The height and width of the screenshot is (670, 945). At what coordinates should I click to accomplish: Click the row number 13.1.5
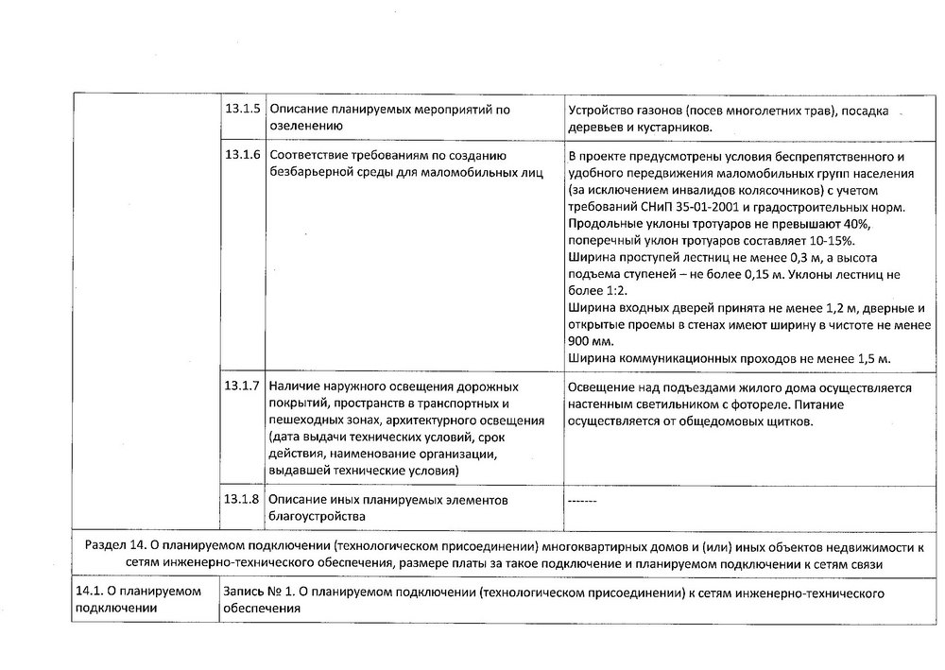pyautogui.click(x=243, y=110)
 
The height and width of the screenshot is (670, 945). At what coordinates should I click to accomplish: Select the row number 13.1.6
pyautogui.click(x=243, y=154)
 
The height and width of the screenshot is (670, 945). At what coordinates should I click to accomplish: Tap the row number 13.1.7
pyautogui.click(x=243, y=386)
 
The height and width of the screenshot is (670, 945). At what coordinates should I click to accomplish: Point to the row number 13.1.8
pyautogui.click(x=243, y=498)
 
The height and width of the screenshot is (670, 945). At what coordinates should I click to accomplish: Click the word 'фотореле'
pyautogui.click(x=753, y=404)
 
